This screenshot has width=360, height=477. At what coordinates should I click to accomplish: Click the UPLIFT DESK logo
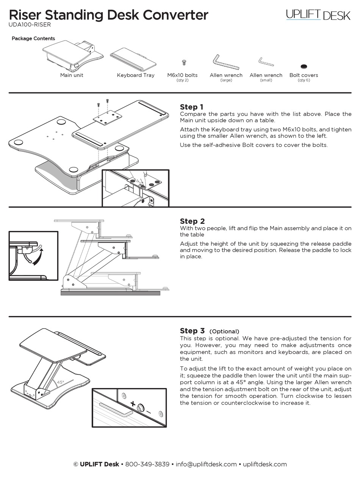pos(318,15)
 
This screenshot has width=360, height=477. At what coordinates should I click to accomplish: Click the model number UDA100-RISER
pos(30,25)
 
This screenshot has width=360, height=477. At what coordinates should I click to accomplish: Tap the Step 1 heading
pos(192,107)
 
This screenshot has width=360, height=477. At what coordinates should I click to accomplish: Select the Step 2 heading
pos(192,221)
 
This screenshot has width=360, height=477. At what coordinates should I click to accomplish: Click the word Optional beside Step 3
pos(224,331)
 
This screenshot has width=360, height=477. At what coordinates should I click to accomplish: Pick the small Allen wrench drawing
pos(266,62)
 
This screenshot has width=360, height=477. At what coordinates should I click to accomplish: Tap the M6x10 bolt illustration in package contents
pos(184,62)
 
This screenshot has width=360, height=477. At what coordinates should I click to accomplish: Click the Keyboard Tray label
pos(136,75)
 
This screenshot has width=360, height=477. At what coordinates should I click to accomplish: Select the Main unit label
pos(72,75)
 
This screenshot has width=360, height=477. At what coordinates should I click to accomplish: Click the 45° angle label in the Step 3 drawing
pos(60,382)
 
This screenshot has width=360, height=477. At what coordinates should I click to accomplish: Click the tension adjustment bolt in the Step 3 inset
pos(141,408)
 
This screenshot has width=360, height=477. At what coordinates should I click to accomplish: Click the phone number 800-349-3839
pos(147,464)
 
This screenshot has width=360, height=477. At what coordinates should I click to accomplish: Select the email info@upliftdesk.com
pos(206,464)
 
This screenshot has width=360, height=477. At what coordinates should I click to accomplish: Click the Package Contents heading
pos(33,39)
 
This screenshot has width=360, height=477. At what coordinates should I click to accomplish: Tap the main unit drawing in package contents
pos(72,56)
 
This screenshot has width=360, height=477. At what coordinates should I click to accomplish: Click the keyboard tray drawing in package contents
pos(133,59)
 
